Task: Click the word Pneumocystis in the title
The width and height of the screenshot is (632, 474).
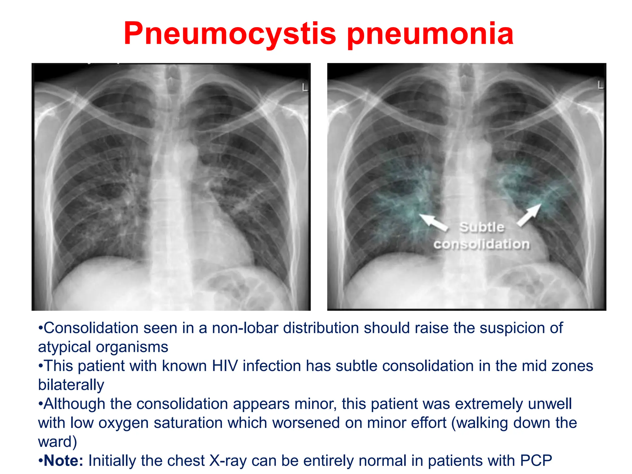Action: (x=230, y=34)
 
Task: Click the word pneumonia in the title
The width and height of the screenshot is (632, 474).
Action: (x=430, y=34)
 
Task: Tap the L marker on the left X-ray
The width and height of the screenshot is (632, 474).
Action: (x=305, y=88)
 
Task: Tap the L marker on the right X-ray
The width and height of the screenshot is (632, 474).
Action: (x=600, y=85)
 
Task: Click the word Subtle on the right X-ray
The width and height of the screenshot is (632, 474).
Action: (x=482, y=227)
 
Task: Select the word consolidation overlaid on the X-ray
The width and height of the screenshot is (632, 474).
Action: (x=481, y=244)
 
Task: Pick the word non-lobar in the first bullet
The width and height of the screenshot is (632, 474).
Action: (x=245, y=328)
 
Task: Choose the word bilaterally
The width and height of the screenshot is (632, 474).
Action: (x=71, y=385)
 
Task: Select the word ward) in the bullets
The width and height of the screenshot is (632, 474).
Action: (x=57, y=442)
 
